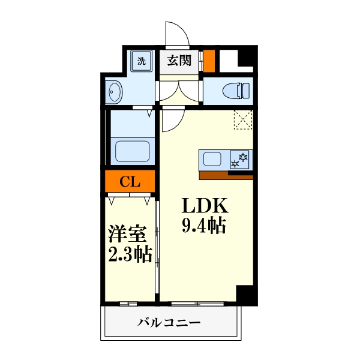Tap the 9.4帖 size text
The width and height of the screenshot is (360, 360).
(203, 227)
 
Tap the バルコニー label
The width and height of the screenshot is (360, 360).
(169, 323)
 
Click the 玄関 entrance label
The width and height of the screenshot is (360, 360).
(178, 61)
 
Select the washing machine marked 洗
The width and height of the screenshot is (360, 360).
(142, 61)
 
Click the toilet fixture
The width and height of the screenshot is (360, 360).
(235, 91)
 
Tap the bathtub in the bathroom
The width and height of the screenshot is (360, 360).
(131, 151)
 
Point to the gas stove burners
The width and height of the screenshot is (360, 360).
(241, 160)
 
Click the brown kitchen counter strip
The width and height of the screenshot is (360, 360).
(226, 175)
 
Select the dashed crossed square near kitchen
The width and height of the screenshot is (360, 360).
(244, 119)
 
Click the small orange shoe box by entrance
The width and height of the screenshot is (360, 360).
(209, 61)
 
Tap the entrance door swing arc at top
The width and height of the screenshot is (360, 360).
(175, 33)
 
